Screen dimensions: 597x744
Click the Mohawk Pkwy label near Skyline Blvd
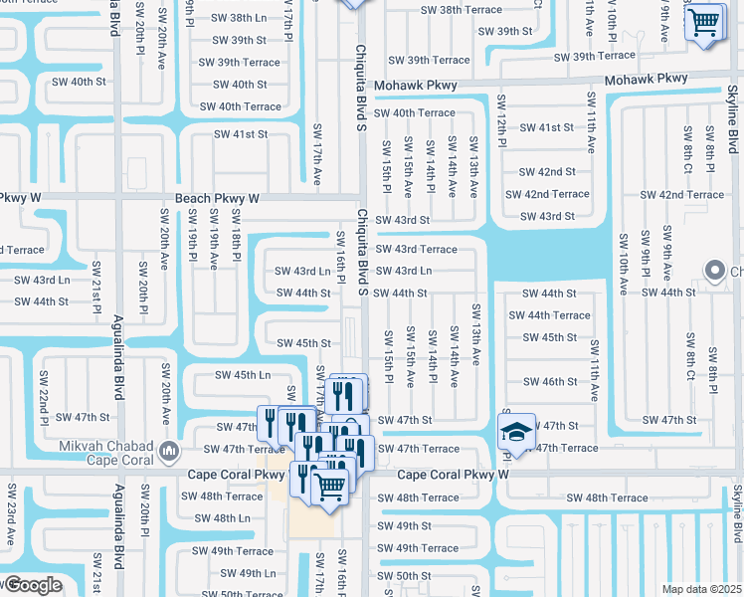click(x=646, y=79)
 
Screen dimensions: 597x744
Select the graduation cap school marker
click(x=516, y=432)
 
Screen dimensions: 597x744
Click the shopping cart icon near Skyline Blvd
click(x=704, y=21)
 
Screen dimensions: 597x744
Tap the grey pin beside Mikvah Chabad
click(x=170, y=452)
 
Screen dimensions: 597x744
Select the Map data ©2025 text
click(x=701, y=589)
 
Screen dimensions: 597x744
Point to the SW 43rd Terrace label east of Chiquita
click(x=416, y=249)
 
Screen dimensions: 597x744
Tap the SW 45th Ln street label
click(x=243, y=375)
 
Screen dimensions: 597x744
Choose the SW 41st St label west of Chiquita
click(x=242, y=134)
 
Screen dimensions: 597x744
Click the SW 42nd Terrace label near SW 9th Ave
click(x=681, y=195)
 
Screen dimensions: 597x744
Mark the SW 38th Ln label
click(x=239, y=19)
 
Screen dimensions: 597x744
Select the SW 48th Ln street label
click(x=222, y=518)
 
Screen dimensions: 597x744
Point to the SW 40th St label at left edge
click(x=68, y=81)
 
